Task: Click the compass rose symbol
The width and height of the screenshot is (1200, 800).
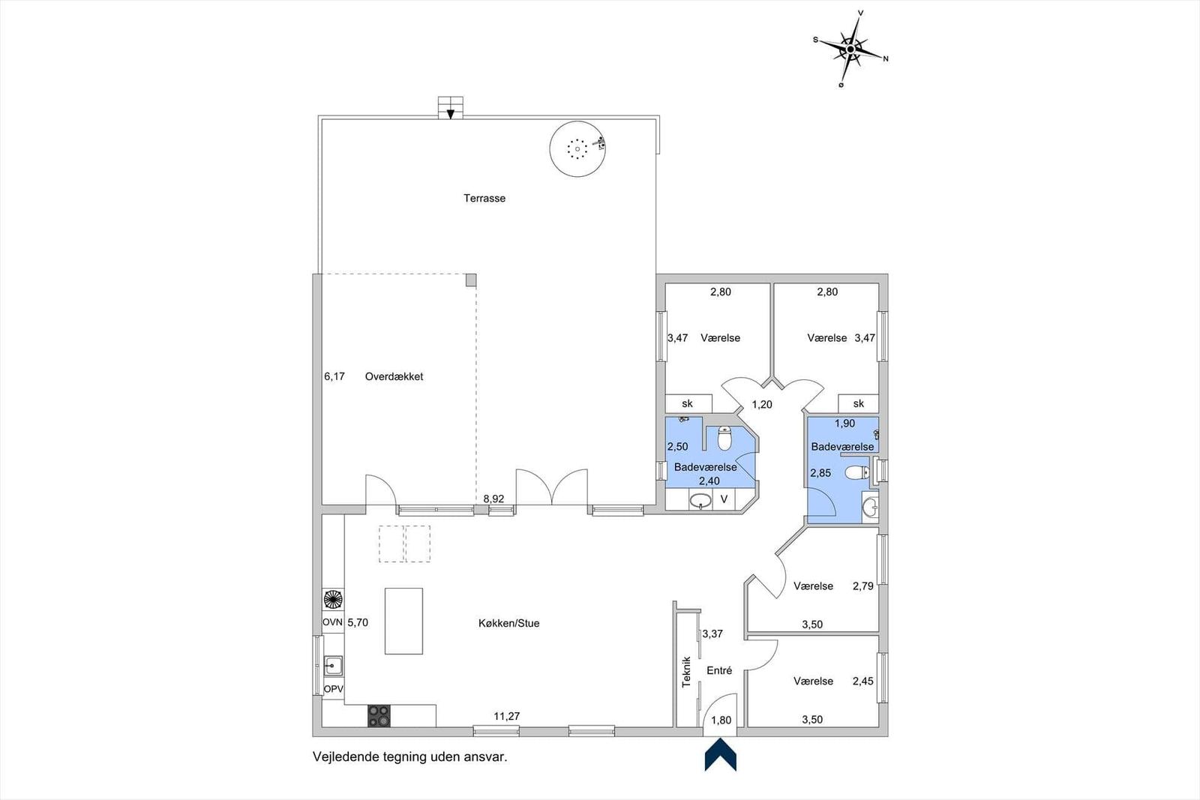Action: pos(850,49)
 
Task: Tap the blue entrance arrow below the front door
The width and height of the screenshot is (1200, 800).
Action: pos(721,754)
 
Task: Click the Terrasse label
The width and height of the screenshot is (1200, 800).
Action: pos(484,198)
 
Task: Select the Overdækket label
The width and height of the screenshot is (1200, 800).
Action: pos(394,376)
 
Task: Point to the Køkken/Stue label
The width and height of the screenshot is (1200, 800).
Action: pos(509,623)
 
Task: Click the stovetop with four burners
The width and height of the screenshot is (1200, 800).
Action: pos(379,716)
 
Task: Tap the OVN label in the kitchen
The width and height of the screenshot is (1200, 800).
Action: pos(332,622)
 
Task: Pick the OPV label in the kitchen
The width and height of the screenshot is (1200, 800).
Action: pos(333,689)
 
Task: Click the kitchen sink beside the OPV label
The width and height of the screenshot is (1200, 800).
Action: pos(333,666)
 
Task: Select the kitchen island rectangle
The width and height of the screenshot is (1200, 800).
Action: pos(404,621)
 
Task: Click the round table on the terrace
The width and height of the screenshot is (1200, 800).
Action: pos(577,149)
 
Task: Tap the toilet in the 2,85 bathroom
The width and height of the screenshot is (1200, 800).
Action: pos(857,473)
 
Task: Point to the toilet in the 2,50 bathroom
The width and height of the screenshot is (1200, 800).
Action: pos(724,438)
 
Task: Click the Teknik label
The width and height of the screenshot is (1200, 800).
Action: pos(686,672)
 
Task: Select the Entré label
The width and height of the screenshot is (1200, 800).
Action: pos(719,670)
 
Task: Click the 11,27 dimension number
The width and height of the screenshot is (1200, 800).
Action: pos(507,716)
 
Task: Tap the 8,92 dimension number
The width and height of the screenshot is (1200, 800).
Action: pos(493,499)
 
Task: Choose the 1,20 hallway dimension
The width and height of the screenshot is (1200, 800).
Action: pos(762,404)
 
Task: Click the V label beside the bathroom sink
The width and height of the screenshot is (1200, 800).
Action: pos(724,499)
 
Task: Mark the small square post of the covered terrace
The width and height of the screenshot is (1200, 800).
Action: pos(470,280)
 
